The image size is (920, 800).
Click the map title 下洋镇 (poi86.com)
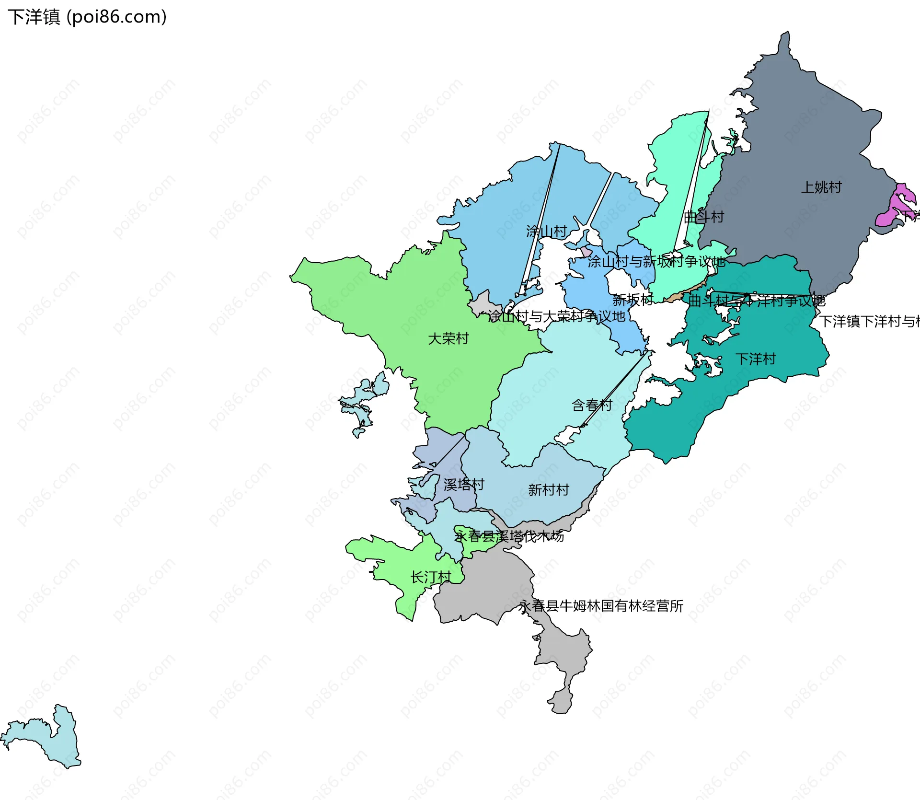coord(87,17)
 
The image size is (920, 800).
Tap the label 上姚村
coord(821,187)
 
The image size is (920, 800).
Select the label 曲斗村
coord(703,217)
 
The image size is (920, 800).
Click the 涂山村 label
coord(546,232)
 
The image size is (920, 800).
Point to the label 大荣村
coord(448,338)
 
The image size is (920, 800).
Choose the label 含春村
coord(592,405)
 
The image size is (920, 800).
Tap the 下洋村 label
coord(756,359)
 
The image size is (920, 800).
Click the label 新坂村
coord(632,300)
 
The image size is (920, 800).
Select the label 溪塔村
coord(463,484)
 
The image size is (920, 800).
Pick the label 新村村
coord(548,489)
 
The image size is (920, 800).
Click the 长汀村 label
coord(431,577)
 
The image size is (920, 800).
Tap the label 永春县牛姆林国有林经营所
coord(601,606)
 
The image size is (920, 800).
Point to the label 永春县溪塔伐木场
coord(509,536)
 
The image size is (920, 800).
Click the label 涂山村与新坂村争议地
coord(656,262)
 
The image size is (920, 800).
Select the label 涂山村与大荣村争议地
coord(557,316)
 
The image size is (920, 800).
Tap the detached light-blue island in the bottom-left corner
coord(53,741)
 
